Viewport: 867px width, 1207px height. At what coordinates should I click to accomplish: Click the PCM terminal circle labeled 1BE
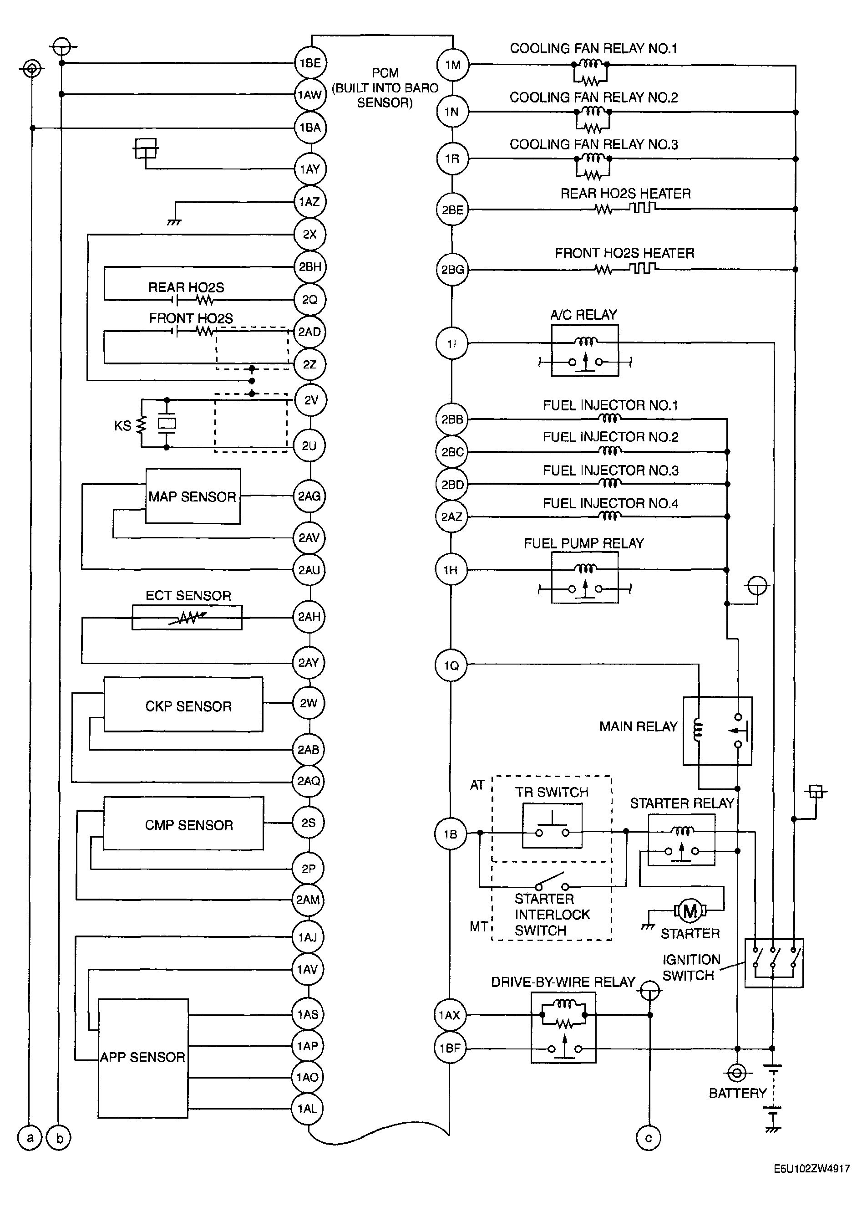point(310,63)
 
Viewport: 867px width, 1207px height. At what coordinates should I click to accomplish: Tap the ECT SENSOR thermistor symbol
point(187,617)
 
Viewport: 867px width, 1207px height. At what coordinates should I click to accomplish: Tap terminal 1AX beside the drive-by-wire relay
point(450,1015)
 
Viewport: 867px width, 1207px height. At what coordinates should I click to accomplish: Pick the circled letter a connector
point(30,1138)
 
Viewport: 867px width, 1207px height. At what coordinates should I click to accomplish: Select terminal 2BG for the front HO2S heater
point(451,269)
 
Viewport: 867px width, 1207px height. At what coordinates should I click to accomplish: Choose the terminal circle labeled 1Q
point(451,665)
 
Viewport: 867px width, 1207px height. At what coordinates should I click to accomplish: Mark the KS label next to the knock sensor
point(122,426)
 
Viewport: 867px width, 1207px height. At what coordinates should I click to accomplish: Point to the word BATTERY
point(738,1093)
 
